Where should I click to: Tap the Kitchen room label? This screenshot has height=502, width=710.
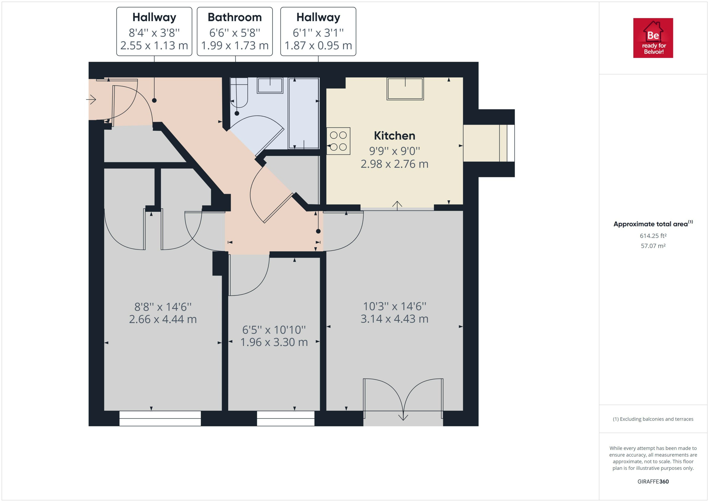394,136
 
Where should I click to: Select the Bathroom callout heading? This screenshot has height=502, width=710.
235,17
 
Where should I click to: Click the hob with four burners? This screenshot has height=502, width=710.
338,141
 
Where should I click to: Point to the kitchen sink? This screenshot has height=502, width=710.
405,89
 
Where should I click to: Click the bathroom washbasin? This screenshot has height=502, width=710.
270,85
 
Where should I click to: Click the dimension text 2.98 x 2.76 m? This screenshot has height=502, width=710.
394,164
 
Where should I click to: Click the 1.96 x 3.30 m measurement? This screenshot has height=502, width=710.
274,342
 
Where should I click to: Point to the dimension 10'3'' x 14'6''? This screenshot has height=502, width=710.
394,306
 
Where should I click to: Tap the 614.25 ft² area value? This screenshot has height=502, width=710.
653,236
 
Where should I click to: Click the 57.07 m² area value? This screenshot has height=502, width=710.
653,246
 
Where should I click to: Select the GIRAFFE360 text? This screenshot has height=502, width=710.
653,482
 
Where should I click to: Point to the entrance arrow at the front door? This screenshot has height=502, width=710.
91,100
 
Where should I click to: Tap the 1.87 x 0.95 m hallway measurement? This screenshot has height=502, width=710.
318,45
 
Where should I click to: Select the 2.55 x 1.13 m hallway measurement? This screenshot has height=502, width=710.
154,45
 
